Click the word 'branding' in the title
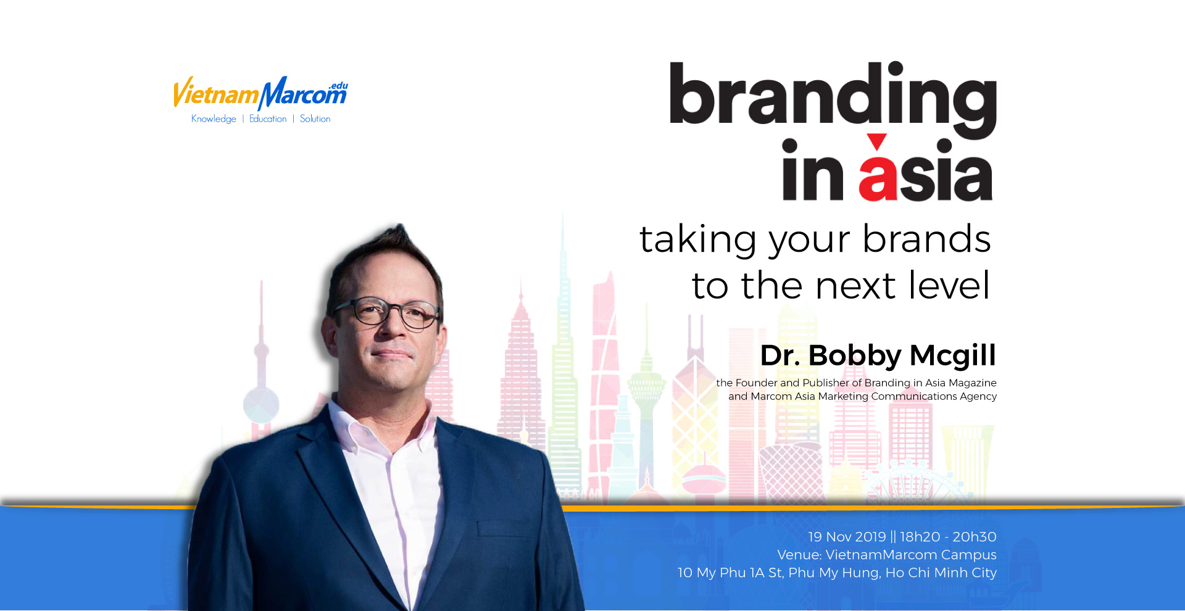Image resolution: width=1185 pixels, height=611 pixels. [833, 101]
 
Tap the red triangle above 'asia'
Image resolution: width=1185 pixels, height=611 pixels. [876, 142]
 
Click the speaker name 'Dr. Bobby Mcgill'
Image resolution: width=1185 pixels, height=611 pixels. [878, 356]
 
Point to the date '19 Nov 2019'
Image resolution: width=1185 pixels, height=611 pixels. [847, 537]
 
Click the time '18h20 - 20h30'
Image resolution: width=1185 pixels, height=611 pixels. [948, 537]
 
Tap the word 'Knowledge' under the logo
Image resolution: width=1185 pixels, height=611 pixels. [214, 119]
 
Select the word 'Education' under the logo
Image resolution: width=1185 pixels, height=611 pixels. [268, 118]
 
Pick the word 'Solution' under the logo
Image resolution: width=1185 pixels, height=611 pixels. [315, 118]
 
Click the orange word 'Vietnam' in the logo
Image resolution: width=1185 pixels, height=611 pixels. [215, 93]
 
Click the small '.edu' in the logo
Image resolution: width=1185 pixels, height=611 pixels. [338, 86]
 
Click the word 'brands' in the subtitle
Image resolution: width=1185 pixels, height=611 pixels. [926, 239]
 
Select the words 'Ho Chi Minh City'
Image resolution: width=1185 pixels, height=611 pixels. [941, 573]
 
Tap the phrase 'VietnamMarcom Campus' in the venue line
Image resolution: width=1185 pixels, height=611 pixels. [911, 555]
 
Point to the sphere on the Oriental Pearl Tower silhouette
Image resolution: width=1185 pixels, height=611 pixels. [260, 405]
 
